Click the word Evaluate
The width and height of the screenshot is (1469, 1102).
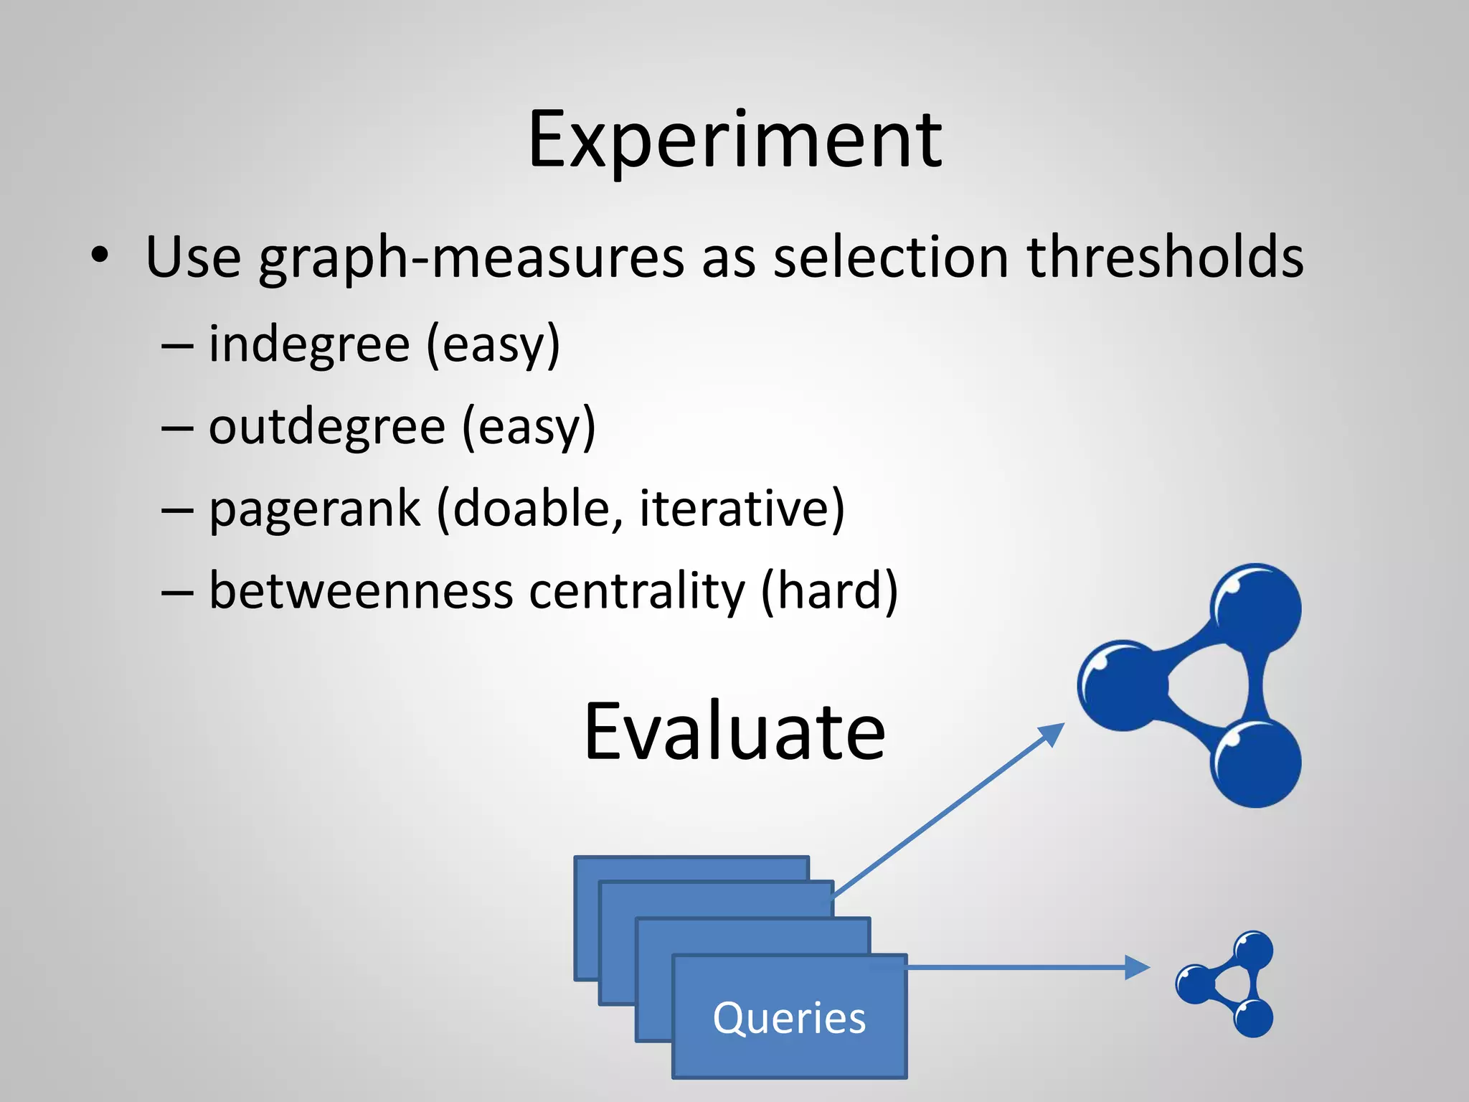click(734, 732)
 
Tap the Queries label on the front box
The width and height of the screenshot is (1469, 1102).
click(789, 1017)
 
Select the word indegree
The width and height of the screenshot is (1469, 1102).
click(309, 344)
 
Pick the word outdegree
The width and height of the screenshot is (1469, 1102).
click(327, 426)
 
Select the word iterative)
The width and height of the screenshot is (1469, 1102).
click(742, 508)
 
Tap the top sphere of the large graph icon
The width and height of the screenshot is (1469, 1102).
click(1257, 608)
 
